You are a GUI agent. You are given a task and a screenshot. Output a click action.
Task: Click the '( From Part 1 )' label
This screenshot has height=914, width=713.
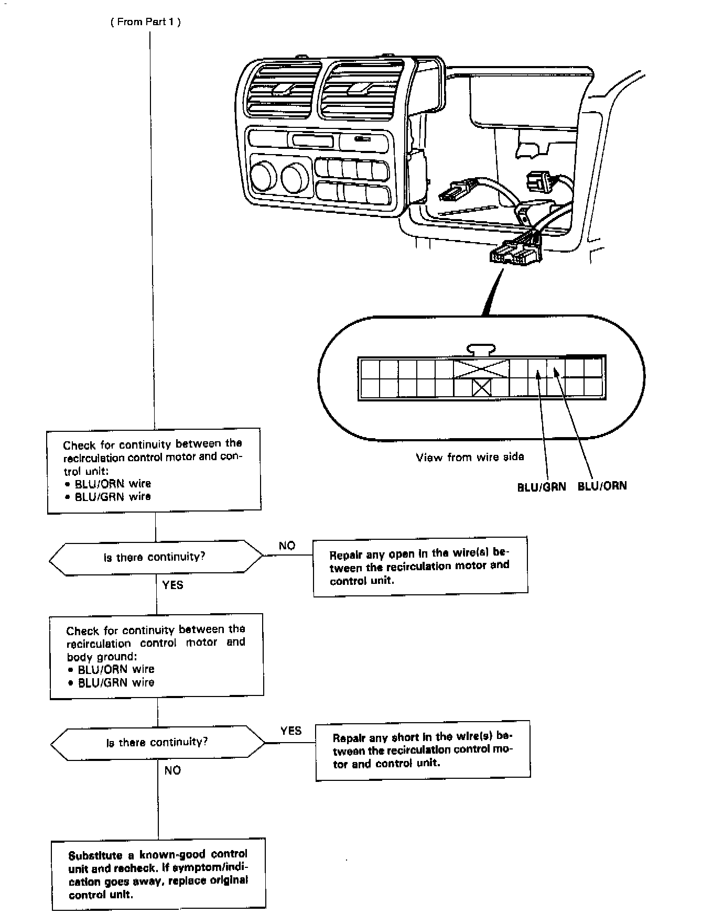tap(145, 22)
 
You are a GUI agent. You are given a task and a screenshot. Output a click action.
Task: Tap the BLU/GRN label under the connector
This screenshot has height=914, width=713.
tap(542, 486)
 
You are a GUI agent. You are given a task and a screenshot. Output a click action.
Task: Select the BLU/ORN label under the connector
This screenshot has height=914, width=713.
tap(602, 486)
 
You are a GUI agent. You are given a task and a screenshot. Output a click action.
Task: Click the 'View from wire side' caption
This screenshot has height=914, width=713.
tap(470, 457)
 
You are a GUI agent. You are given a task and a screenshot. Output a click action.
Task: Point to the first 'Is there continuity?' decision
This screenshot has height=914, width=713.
tap(155, 557)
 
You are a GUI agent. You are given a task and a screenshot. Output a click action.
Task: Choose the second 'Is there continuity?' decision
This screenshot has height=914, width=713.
tap(157, 742)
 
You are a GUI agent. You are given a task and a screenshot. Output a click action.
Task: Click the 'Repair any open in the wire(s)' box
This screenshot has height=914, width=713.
tap(420, 566)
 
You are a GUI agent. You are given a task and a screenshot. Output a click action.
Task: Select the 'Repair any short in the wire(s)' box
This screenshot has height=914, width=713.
tap(423, 750)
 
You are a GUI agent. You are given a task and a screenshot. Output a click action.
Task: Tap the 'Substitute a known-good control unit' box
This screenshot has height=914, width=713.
tap(158, 874)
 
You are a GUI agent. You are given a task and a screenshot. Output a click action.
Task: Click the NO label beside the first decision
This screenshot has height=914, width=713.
tap(287, 546)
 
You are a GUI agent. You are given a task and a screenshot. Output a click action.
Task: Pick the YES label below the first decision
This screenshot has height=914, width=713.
tap(172, 585)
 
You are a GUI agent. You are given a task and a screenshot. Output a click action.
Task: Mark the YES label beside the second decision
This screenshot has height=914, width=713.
tap(290, 731)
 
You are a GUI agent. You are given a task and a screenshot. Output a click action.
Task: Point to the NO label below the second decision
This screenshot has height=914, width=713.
tap(172, 770)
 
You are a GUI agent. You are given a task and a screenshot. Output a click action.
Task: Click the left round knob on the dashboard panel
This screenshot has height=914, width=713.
tap(264, 176)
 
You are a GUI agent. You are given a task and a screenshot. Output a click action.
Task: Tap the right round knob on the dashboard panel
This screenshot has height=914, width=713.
tap(295, 177)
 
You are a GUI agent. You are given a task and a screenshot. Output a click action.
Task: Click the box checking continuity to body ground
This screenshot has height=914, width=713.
tap(156, 656)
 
